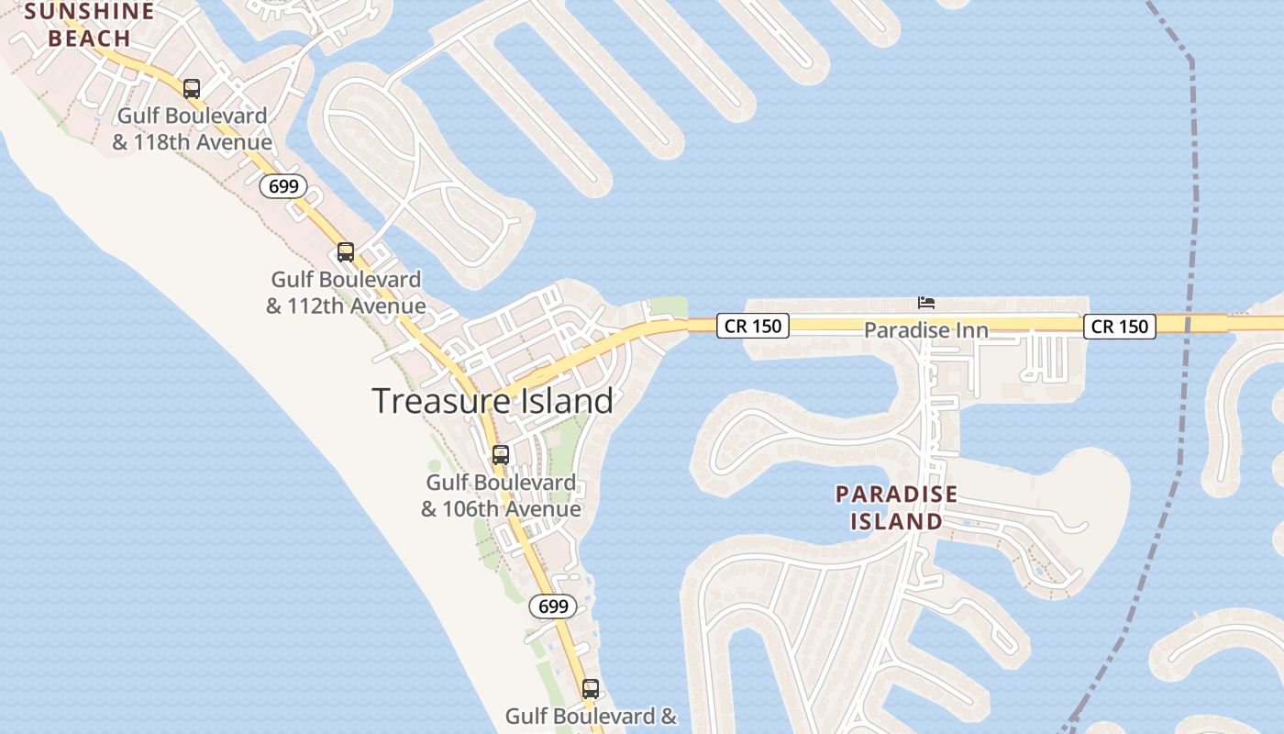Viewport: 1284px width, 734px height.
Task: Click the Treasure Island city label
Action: [493, 401]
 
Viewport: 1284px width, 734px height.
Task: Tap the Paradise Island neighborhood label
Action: [896, 507]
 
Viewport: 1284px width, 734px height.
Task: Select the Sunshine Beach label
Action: [90, 25]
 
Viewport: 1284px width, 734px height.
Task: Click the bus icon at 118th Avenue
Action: [192, 89]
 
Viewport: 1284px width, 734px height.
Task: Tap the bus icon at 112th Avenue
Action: [346, 252]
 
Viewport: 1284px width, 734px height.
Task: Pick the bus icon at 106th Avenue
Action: [501, 455]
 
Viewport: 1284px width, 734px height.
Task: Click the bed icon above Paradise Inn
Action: [926, 302]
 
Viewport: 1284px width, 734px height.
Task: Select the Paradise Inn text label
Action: [926, 329]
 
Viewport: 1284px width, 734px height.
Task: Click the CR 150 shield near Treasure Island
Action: [752, 326]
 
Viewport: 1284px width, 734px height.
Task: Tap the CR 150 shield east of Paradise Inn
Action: [1119, 326]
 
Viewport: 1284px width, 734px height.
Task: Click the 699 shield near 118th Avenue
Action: [283, 186]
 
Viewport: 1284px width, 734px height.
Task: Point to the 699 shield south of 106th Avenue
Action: [553, 606]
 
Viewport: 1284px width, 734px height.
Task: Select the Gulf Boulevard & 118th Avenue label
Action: [193, 129]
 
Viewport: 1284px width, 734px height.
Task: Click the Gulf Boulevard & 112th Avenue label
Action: [346, 293]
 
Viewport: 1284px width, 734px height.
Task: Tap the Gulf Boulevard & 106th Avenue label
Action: [501, 495]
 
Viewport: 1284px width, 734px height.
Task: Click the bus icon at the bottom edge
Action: [591, 688]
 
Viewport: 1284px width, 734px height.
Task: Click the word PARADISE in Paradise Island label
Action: [896, 495]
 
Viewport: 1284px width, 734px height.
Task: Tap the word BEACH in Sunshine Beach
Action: [90, 39]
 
